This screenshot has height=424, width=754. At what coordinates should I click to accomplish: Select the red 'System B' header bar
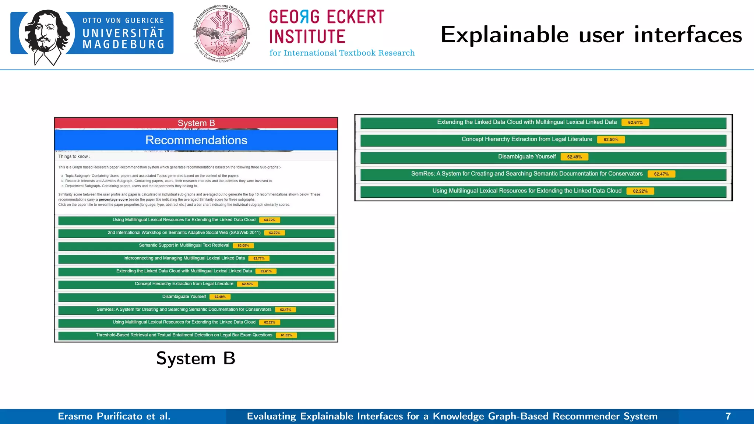(196, 123)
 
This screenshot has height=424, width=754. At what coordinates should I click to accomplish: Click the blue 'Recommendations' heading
(196, 140)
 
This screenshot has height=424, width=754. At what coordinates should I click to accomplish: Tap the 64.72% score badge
(269, 220)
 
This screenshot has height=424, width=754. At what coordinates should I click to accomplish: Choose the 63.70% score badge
(275, 233)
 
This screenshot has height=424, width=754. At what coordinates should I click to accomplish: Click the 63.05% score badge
(243, 245)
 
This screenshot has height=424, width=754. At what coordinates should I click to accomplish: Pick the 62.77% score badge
(259, 258)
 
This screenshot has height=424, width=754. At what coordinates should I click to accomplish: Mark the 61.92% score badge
(286, 335)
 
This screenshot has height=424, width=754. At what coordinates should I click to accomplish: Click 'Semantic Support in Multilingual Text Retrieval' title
(184, 245)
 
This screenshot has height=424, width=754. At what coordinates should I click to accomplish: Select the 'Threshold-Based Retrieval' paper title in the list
(184, 335)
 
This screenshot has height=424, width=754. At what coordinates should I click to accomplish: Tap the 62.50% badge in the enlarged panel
(611, 140)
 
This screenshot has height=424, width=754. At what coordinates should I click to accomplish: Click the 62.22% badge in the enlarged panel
(640, 191)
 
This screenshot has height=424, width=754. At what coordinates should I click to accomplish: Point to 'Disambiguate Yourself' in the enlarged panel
(527, 157)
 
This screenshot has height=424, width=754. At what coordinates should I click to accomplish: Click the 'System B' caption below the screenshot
(195, 358)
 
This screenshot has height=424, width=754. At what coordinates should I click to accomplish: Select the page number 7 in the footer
(728, 416)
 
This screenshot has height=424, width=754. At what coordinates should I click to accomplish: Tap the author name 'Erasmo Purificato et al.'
(114, 416)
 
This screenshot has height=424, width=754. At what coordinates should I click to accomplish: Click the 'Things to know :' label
(74, 156)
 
